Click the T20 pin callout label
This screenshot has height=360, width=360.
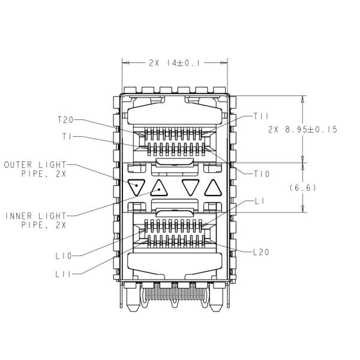(65, 120)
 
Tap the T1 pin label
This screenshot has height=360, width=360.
(67, 137)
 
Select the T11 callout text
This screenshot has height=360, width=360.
(261, 116)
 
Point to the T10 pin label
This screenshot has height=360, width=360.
(262, 174)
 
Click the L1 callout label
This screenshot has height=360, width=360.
(260, 202)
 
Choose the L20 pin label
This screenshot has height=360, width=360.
(261, 252)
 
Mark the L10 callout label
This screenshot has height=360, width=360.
(64, 256)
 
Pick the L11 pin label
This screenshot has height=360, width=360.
(64, 274)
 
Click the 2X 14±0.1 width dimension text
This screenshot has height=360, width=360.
(175, 63)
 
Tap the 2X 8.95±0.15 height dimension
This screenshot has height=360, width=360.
(303, 130)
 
